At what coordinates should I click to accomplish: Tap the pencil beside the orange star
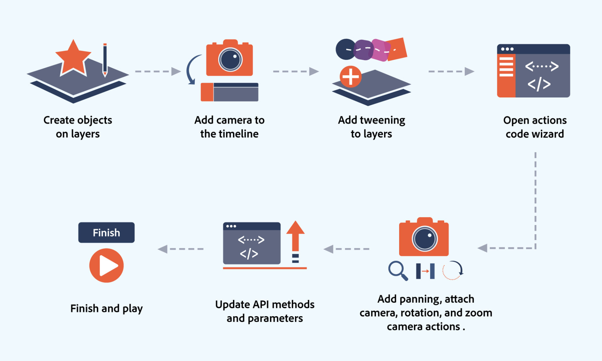click(105, 60)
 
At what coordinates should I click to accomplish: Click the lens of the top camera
click(230, 60)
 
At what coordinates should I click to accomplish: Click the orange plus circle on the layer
click(351, 76)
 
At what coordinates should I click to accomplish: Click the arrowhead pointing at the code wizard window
click(469, 71)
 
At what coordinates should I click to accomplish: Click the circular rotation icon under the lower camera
click(453, 270)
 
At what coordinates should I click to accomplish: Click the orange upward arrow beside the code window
click(295, 237)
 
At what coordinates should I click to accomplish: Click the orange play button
click(107, 266)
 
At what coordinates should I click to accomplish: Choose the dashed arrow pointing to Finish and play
click(181, 249)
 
